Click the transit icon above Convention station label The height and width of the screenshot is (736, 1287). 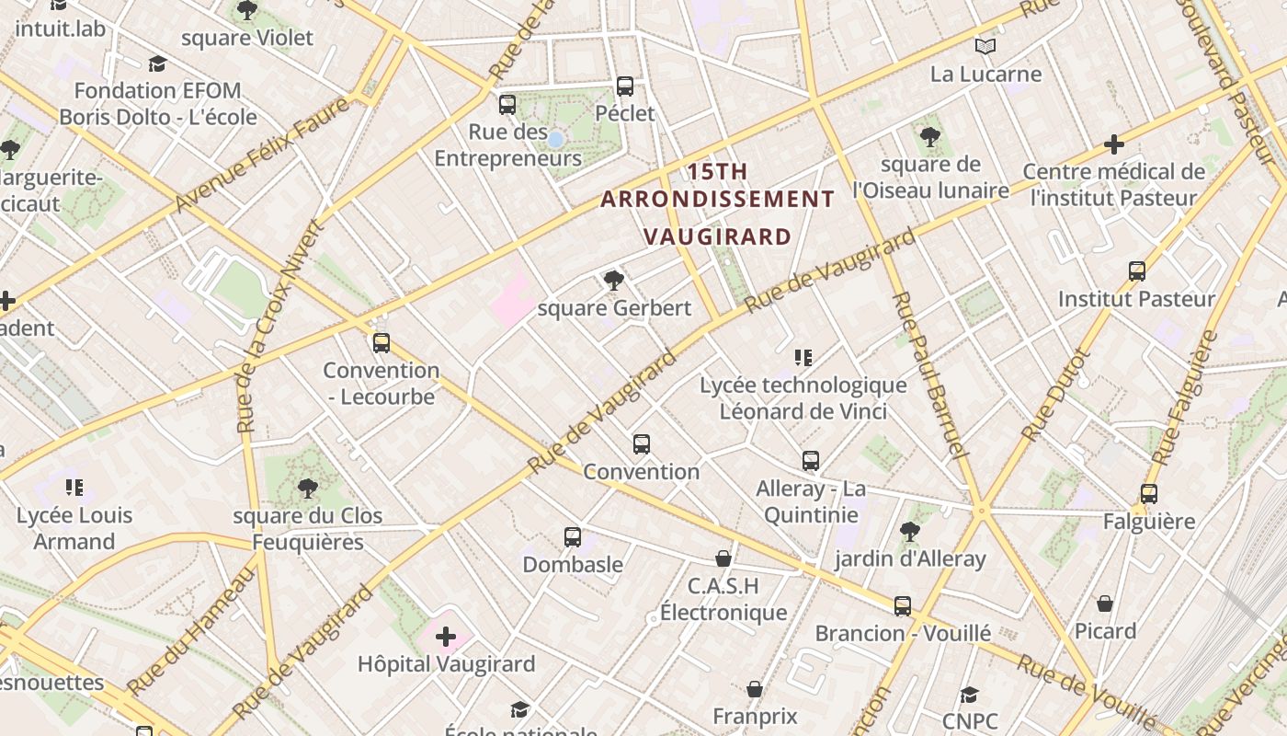[x=642, y=444]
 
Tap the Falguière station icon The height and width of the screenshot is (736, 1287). [x=1148, y=494]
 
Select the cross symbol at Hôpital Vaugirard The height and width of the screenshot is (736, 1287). [x=446, y=637]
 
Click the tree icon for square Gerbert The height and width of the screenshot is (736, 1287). [x=614, y=281]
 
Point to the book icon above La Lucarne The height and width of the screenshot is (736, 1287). [x=985, y=47]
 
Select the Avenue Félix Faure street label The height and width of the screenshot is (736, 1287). [x=262, y=154]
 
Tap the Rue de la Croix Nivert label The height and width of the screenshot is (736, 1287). [x=280, y=327]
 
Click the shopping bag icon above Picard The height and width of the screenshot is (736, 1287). [x=1105, y=604]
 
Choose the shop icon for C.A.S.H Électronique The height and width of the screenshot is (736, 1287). [x=723, y=558]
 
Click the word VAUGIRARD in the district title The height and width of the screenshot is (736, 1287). [x=717, y=236]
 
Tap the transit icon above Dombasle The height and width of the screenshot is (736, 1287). [x=573, y=536]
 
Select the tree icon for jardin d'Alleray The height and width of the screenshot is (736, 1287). [x=909, y=531]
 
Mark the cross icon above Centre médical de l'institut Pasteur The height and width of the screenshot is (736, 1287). [x=1114, y=144]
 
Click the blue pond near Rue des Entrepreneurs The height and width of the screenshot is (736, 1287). [x=555, y=139]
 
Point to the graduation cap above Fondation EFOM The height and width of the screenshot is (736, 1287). [x=158, y=63]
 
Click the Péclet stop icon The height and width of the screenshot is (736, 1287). [x=625, y=86]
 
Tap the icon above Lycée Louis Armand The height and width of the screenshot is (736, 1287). [x=74, y=488]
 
